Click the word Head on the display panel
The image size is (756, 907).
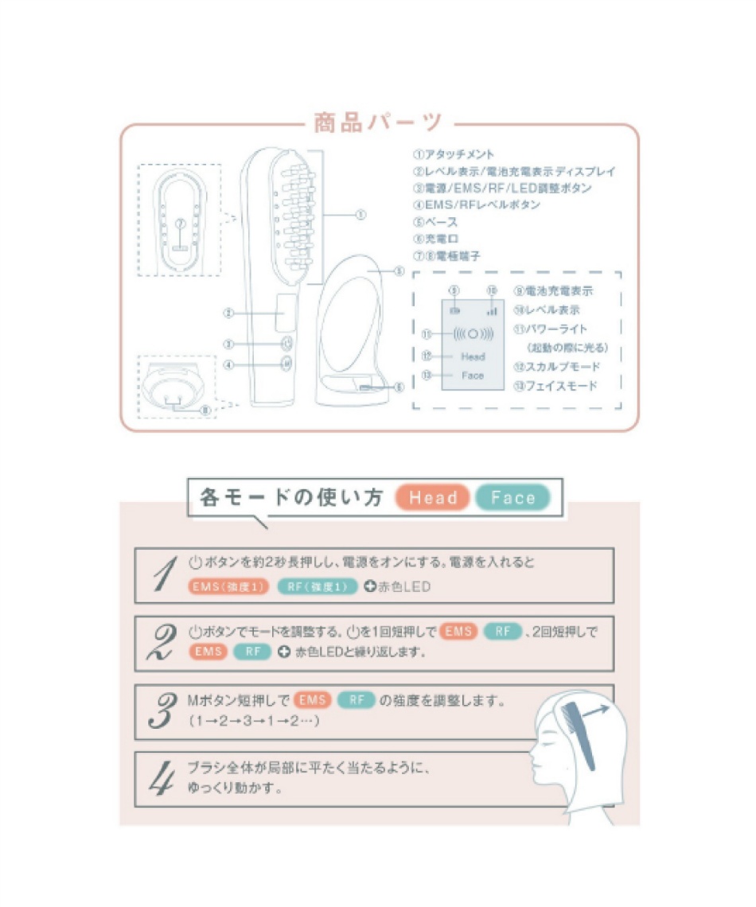[473, 356]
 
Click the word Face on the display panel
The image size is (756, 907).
[473, 376]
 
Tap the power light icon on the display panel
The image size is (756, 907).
[473, 334]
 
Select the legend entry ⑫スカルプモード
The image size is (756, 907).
[556, 367]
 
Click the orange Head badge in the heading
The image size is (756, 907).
[434, 498]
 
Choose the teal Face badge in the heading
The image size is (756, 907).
[513, 498]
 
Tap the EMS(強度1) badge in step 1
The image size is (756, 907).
[229, 587]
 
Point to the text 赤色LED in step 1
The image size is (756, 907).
[403, 588]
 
